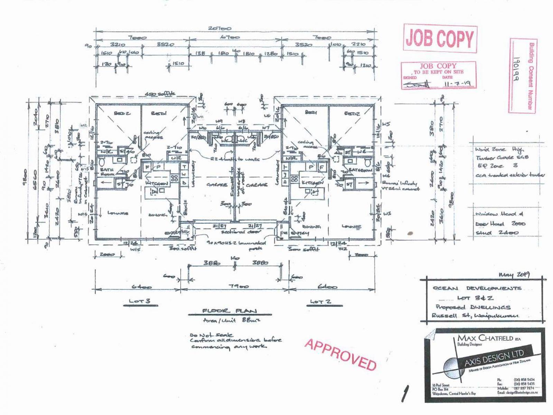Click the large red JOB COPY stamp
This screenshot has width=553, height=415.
[440, 38]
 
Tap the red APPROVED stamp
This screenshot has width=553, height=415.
[340, 354]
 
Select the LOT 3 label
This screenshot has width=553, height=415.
[140, 301]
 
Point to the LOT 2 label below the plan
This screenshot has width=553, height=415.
[320, 302]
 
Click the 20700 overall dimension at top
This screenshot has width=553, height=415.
[220, 29]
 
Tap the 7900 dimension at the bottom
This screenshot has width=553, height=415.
[239, 287]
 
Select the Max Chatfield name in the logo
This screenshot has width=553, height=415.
[487, 338]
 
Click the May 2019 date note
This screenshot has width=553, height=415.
[515, 275]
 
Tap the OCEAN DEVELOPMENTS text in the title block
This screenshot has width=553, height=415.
[477, 288]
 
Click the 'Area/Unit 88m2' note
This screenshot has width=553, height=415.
[232, 321]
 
